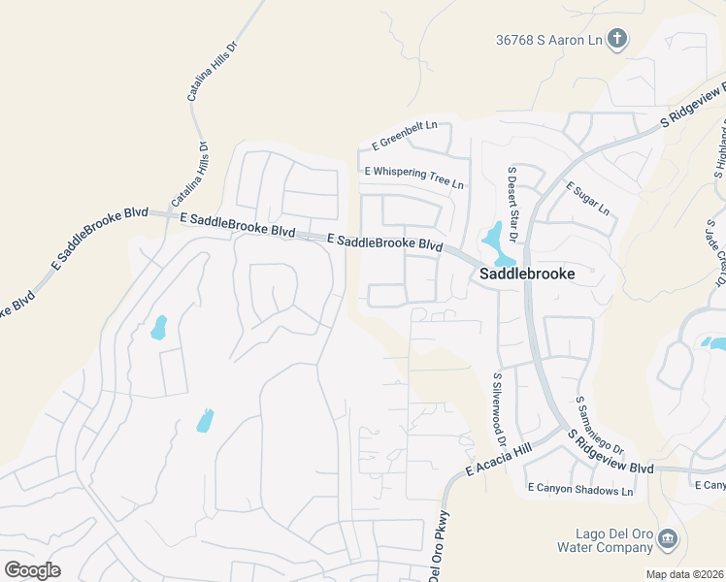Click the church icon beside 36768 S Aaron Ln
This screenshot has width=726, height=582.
[615, 40]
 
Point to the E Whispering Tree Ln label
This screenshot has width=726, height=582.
[414, 178]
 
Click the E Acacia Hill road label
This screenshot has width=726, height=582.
[499, 459]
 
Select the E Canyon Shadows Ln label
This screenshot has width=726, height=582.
[579, 491]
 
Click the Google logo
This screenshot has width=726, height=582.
[33, 569]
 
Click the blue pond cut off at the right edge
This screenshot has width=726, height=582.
[717, 342]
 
